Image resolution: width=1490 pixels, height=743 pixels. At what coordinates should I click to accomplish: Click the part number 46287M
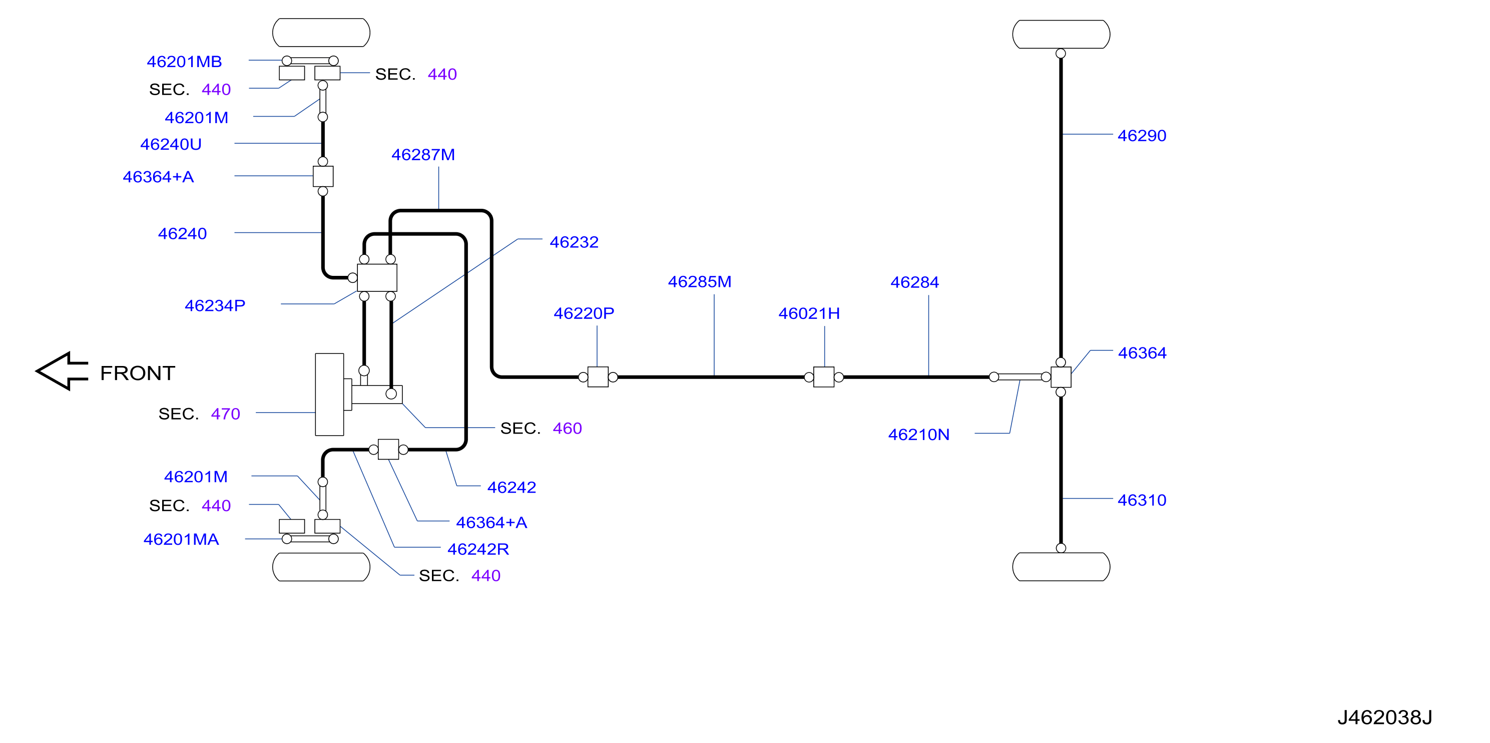pos(423,155)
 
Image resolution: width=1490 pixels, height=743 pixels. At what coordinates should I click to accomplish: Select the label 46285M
pos(699,282)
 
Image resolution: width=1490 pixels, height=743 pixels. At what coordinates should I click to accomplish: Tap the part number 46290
pos(1142,135)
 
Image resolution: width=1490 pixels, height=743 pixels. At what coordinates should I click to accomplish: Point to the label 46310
pos(1142,500)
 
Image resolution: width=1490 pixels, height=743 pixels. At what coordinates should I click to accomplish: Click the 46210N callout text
pos(918,435)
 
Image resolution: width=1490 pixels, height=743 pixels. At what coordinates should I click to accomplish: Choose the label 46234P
pos(215,305)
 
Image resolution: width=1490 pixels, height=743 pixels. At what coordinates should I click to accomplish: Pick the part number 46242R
pos(478,549)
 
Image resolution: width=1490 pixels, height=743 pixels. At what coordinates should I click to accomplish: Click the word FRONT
pos(137,373)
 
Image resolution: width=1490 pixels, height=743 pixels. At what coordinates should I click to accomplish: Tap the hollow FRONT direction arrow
pos(62,371)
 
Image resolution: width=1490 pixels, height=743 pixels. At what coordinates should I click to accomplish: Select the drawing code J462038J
pos(1384,717)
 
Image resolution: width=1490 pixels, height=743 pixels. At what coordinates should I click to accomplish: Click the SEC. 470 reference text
pos(199,414)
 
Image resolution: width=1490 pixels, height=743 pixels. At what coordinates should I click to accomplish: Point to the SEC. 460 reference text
pos(541,428)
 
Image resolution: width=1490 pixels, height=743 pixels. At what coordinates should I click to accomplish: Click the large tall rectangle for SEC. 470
pos(329,394)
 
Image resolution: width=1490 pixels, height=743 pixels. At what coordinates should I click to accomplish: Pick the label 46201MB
pos(184,62)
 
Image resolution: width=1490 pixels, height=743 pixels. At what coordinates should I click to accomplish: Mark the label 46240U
pos(171,144)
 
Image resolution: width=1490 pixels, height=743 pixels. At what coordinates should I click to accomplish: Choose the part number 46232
pos(574,242)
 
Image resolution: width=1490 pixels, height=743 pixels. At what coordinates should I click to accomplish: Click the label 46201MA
pos(181,539)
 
